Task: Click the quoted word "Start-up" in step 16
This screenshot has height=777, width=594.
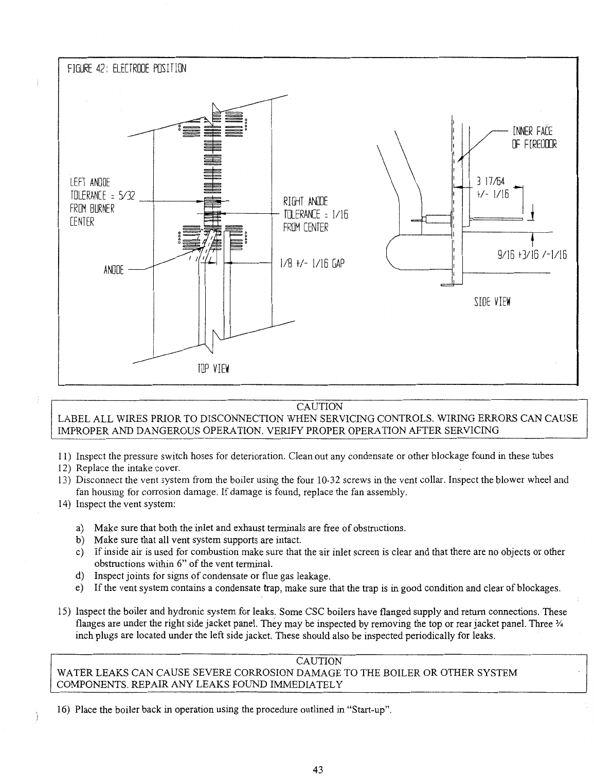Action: [x=370, y=710]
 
